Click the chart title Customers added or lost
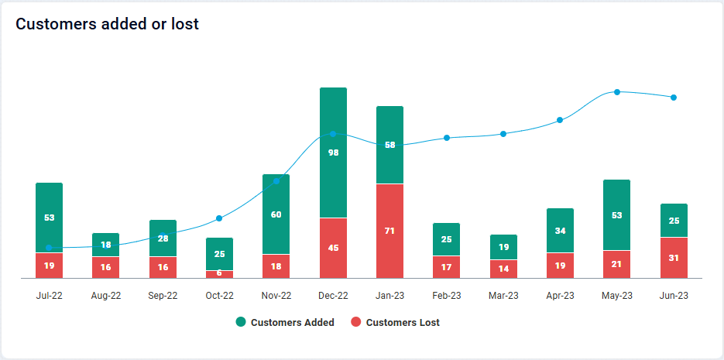[x=108, y=24]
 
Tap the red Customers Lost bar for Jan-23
[x=389, y=231]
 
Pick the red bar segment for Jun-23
[x=674, y=258]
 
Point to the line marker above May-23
[x=617, y=92]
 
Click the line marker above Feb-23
[x=447, y=138]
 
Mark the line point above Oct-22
[x=219, y=218]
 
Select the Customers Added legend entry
[x=285, y=322]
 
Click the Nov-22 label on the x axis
[x=276, y=296]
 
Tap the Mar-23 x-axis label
[x=503, y=296]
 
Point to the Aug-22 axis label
[x=106, y=296]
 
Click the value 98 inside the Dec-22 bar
[x=333, y=153]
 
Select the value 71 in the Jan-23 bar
[x=389, y=231]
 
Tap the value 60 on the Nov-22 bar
[x=276, y=214]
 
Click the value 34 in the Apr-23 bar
[x=560, y=231]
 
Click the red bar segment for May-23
[x=616, y=264]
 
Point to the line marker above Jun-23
[x=674, y=98]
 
